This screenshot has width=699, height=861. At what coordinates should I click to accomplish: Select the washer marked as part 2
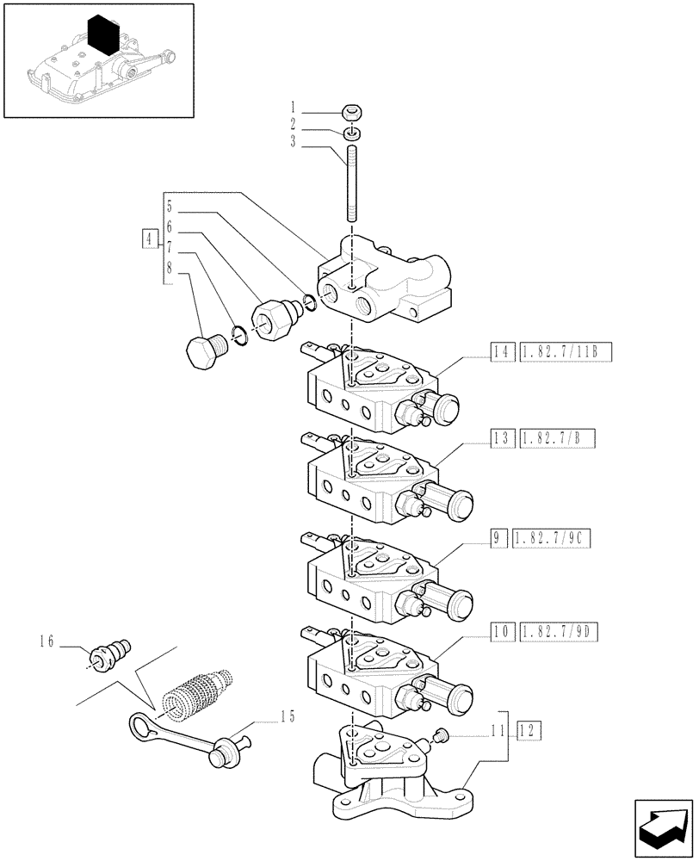pos(350,133)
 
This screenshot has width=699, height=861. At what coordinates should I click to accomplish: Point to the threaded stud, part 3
pos(352,185)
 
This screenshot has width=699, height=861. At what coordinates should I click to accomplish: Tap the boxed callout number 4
pos(151,238)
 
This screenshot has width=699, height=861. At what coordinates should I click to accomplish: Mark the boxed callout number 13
pos(502,438)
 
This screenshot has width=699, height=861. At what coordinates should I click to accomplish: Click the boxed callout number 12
pos(529,732)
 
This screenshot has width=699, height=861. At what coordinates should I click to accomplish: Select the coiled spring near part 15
pos(198,691)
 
